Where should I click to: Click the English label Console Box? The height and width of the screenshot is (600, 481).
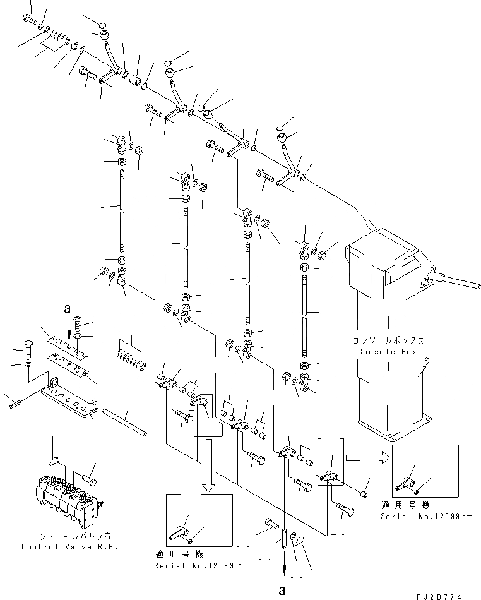(x=387, y=352)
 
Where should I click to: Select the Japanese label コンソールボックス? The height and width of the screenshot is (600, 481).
(x=387, y=340)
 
